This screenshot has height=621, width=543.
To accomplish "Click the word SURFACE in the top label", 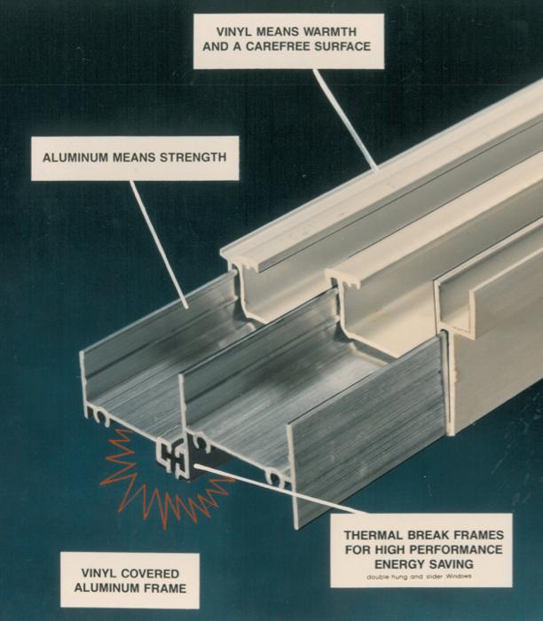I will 341,46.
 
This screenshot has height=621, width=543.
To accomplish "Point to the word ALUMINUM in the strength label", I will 75,158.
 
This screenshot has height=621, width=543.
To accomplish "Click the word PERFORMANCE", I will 454,549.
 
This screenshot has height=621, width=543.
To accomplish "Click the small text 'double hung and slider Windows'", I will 421,577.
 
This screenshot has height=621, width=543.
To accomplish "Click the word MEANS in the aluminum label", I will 134,158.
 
